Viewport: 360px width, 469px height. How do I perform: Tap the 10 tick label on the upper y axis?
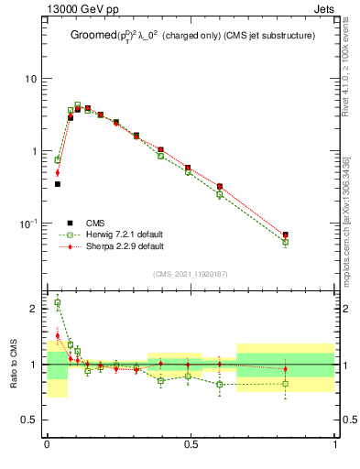point(31,79)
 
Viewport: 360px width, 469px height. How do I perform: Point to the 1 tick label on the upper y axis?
point(34,151)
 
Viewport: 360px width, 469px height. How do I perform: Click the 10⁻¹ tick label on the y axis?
point(29,223)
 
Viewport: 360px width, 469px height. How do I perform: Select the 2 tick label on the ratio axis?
point(34,309)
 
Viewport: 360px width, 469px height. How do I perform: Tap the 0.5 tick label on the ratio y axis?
point(29,420)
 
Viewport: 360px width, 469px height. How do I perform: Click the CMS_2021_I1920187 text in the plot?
point(191,274)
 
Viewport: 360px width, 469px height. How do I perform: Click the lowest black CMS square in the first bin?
point(57,184)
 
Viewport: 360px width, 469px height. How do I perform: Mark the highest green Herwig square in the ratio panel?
point(57,302)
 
